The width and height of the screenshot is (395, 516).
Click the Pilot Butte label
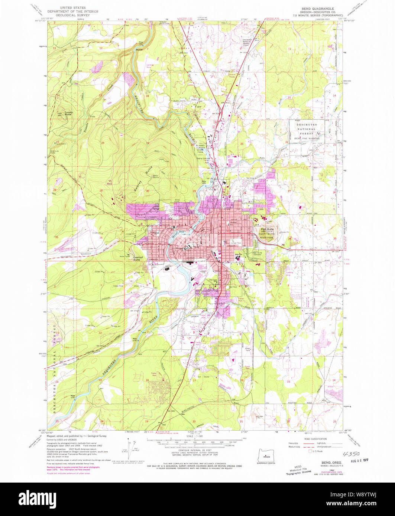click(266, 229)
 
